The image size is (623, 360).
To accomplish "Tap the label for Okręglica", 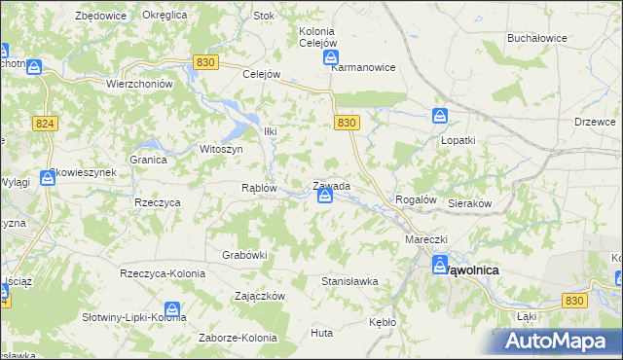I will click(164, 16).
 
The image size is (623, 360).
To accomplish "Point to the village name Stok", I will click(264, 16).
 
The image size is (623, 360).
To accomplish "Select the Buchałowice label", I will click(536, 38).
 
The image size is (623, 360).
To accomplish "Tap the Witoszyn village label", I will click(221, 149).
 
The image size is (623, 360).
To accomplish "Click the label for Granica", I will click(148, 159).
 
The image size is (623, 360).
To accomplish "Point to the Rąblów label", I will click(260, 188).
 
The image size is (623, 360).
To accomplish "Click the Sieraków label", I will click(469, 204).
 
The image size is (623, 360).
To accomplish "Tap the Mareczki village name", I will click(425, 238).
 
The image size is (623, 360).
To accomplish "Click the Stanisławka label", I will click(349, 281).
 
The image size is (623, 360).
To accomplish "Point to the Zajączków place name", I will click(259, 295).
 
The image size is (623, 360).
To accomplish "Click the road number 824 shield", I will click(44, 124).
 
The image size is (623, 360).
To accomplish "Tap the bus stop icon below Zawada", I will click(324, 198).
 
